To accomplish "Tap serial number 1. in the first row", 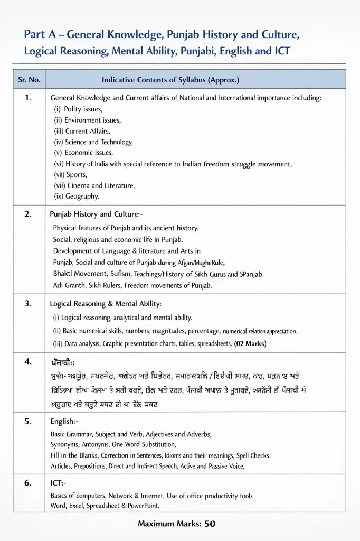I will click(x=29, y=98).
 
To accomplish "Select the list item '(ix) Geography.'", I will click(x=77, y=197).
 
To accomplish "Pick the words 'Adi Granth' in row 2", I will click(x=69, y=285).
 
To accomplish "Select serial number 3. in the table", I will click(x=29, y=304).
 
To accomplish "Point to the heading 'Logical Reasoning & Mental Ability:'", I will click(x=106, y=304).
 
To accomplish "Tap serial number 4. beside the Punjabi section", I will click(x=29, y=362).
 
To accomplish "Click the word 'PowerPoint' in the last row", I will click(x=141, y=506).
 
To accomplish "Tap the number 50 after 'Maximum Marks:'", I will click(x=210, y=524).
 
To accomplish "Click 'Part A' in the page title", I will click(x=40, y=35).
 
